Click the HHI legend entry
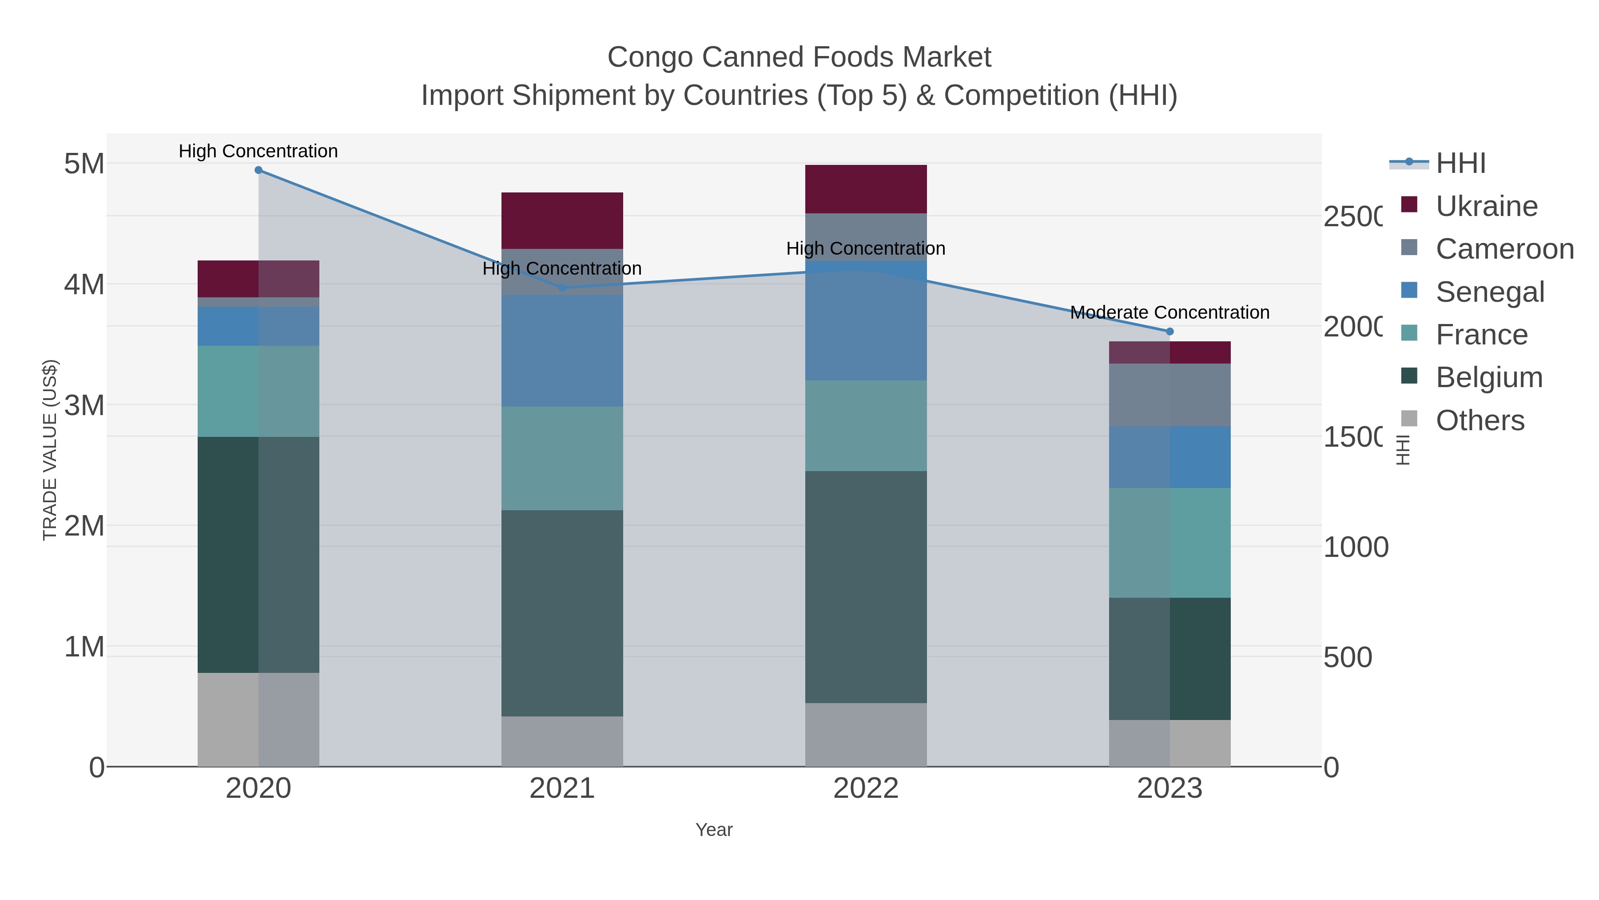tap(1460, 164)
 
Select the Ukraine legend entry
tap(1486, 206)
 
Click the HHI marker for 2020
tap(259, 170)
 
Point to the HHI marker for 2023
tap(1170, 332)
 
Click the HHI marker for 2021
tap(562, 288)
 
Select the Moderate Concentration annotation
tap(1169, 312)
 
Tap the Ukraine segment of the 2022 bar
tap(866, 189)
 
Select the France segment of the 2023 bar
tap(1170, 543)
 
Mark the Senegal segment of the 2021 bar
tap(562, 351)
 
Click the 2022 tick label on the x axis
tap(866, 789)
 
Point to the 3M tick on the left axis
tap(84, 406)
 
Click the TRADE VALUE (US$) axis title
tap(50, 450)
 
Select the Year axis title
tap(714, 830)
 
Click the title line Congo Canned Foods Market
tap(799, 57)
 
